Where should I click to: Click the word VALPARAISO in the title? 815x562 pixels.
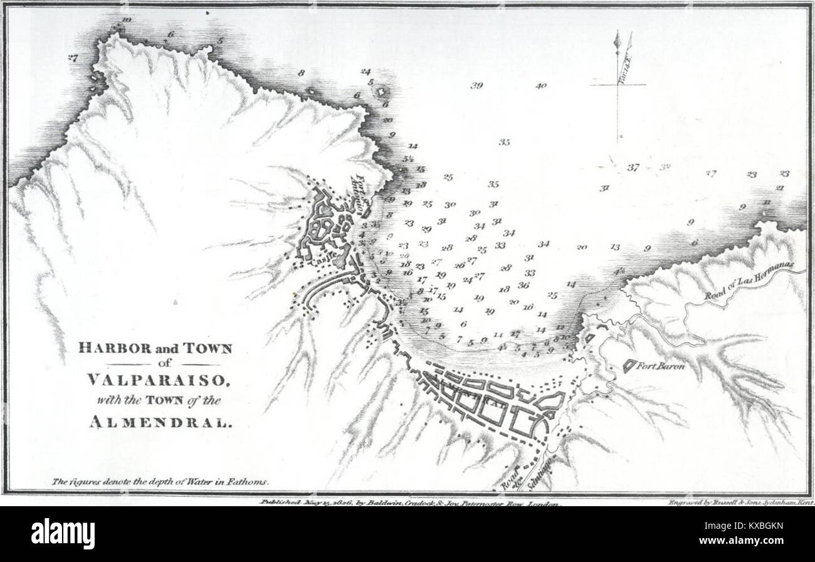point(154,381)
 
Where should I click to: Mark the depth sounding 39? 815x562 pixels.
point(476,86)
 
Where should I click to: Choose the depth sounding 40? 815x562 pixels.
point(541,86)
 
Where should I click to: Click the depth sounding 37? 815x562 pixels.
point(633,167)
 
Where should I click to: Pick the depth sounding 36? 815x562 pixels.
point(523,285)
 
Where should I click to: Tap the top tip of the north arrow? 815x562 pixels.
point(617,31)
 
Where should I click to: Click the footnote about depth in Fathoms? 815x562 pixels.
point(160,482)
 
